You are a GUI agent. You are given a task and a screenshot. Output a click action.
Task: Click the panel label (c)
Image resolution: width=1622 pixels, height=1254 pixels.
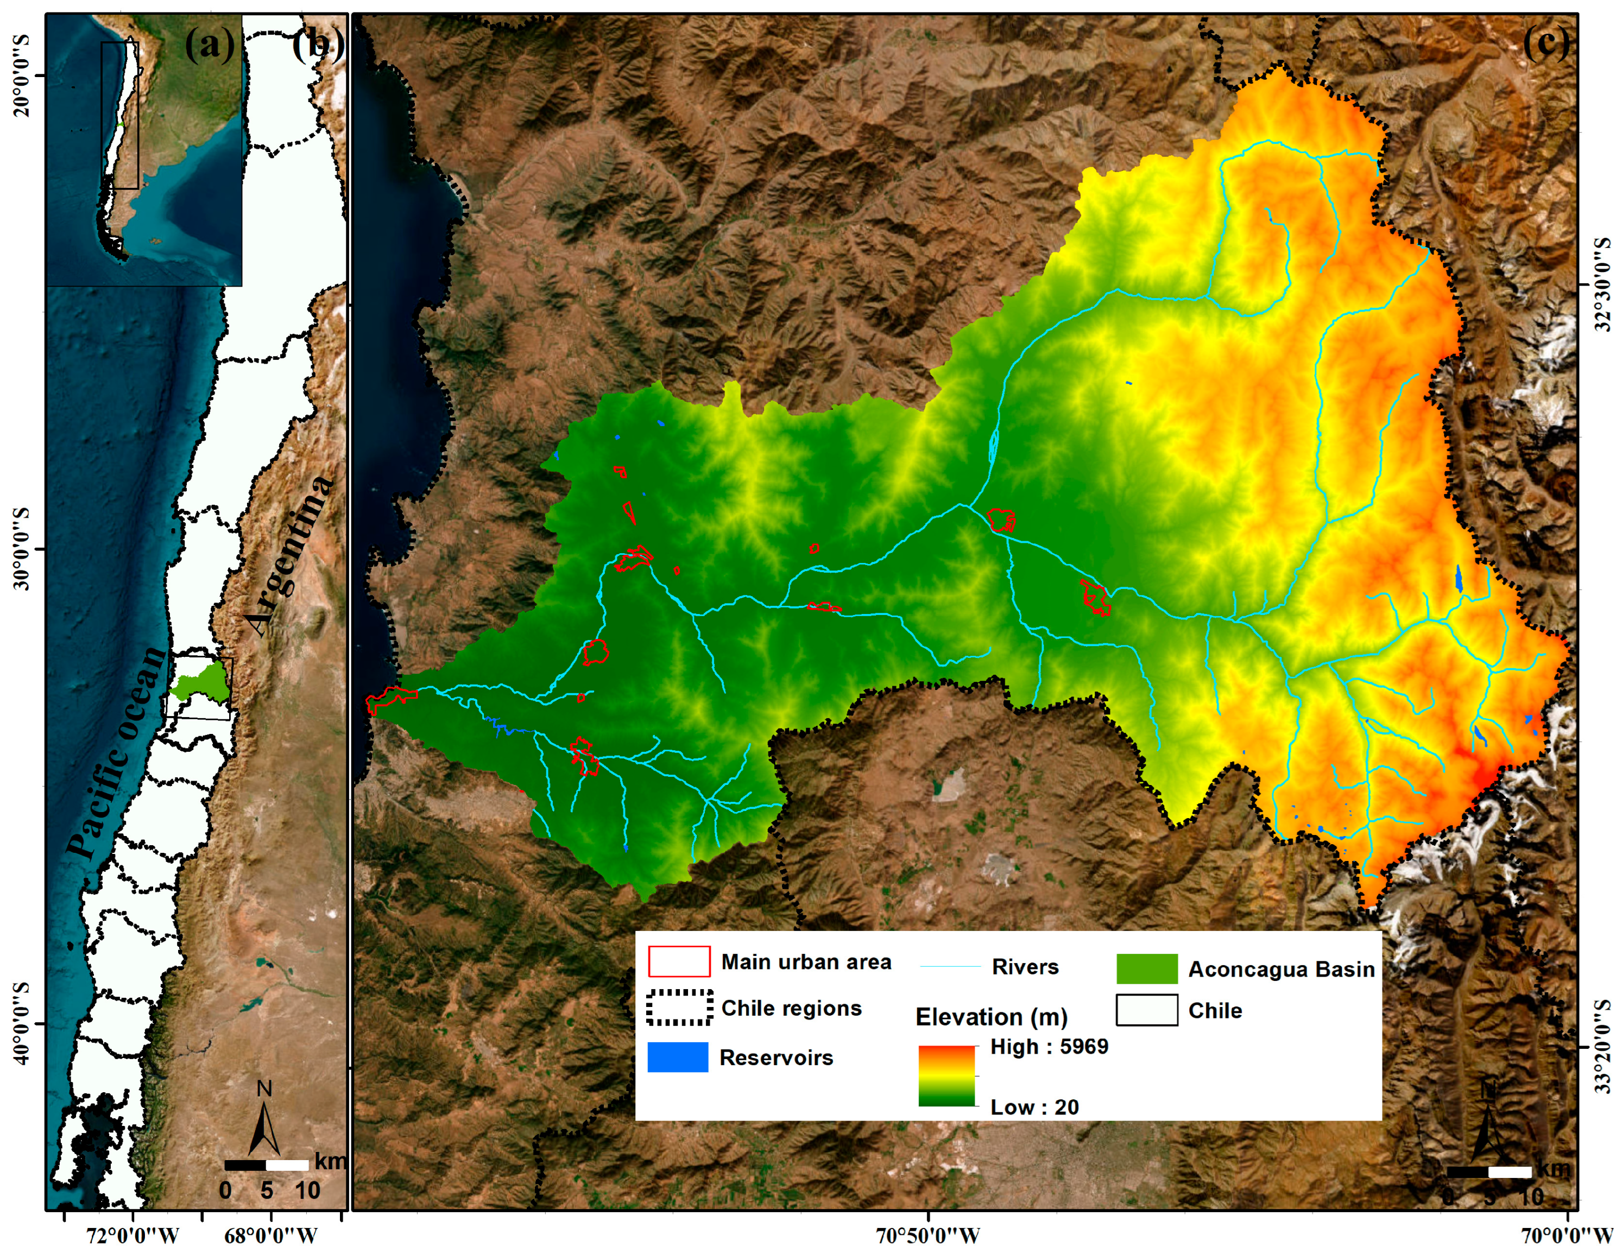click(x=1546, y=43)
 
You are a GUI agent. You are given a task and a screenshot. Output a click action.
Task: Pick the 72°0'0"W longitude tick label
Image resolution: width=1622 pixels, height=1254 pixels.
click(x=133, y=1236)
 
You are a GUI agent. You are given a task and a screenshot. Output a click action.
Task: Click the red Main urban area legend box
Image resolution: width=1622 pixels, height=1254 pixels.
click(x=679, y=961)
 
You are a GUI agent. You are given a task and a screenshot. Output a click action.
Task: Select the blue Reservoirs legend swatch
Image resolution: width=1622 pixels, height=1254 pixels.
click(x=677, y=1057)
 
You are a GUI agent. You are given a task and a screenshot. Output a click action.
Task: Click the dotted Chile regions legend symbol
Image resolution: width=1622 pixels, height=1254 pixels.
click(x=679, y=1008)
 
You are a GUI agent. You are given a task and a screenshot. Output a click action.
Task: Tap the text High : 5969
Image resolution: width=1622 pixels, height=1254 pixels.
click(x=1049, y=1046)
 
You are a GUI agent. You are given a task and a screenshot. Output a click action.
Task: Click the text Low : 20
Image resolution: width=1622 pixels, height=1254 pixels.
click(x=1034, y=1107)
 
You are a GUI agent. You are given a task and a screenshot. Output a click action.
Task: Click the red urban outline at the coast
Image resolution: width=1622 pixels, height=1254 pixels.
click(x=392, y=698)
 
